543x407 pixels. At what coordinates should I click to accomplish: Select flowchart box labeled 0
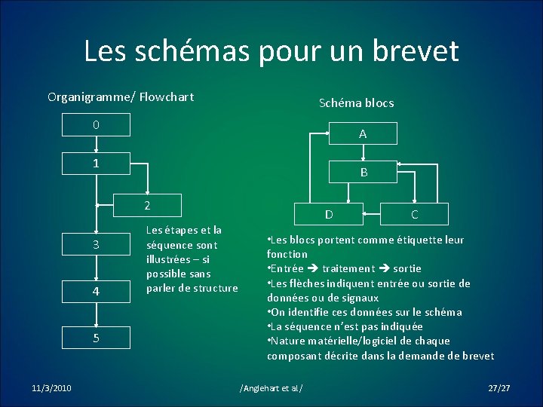pyautogui.click(x=96, y=124)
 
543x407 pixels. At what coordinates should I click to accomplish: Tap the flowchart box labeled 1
pyautogui.click(x=96, y=164)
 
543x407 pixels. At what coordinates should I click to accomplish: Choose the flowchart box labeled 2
pyautogui.click(x=147, y=205)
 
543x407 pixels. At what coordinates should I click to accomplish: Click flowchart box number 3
pyautogui.click(x=96, y=245)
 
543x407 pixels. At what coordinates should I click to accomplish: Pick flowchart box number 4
pyautogui.click(x=96, y=290)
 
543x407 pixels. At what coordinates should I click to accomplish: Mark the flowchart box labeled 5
pyautogui.click(x=96, y=338)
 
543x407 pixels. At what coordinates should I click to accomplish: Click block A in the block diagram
pyautogui.click(x=363, y=134)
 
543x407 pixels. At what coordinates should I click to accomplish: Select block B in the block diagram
pyautogui.click(x=364, y=173)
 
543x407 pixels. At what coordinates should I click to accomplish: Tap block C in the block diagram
pyautogui.click(x=415, y=215)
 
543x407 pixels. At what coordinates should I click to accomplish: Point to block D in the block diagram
pyautogui.click(x=329, y=215)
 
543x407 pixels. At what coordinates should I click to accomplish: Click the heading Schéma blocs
pyautogui.click(x=356, y=103)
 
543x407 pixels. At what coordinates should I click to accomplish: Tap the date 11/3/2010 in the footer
pyautogui.click(x=52, y=387)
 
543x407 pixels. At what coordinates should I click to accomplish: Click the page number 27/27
pyautogui.click(x=499, y=387)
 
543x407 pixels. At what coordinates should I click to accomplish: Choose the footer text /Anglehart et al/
pyautogui.click(x=271, y=387)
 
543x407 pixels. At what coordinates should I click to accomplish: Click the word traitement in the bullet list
pyautogui.click(x=348, y=268)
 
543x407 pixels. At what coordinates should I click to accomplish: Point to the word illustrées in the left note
pyautogui.click(x=167, y=259)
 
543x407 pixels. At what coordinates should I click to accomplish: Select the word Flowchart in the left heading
pyautogui.click(x=166, y=96)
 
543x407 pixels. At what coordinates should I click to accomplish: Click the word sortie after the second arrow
pyautogui.click(x=407, y=268)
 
